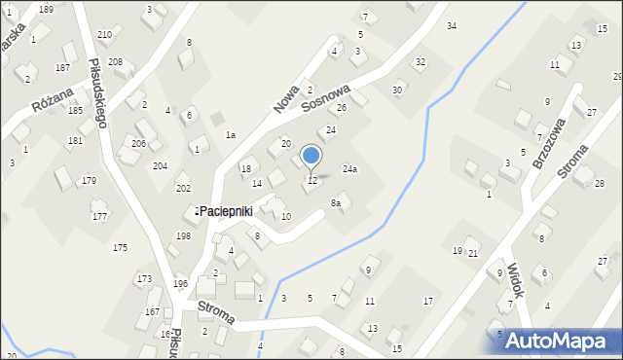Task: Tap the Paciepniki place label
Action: point(226,210)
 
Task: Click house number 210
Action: point(104,35)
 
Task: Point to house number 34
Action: point(452,26)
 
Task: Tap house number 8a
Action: point(336,202)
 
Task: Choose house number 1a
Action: point(231,134)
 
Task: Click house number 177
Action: point(99,216)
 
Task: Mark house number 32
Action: point(421,62)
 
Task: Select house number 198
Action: point(183,236)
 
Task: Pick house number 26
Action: point(342,107)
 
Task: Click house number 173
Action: point(144,279)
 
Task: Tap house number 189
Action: point(46,9)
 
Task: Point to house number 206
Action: point(139,144)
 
